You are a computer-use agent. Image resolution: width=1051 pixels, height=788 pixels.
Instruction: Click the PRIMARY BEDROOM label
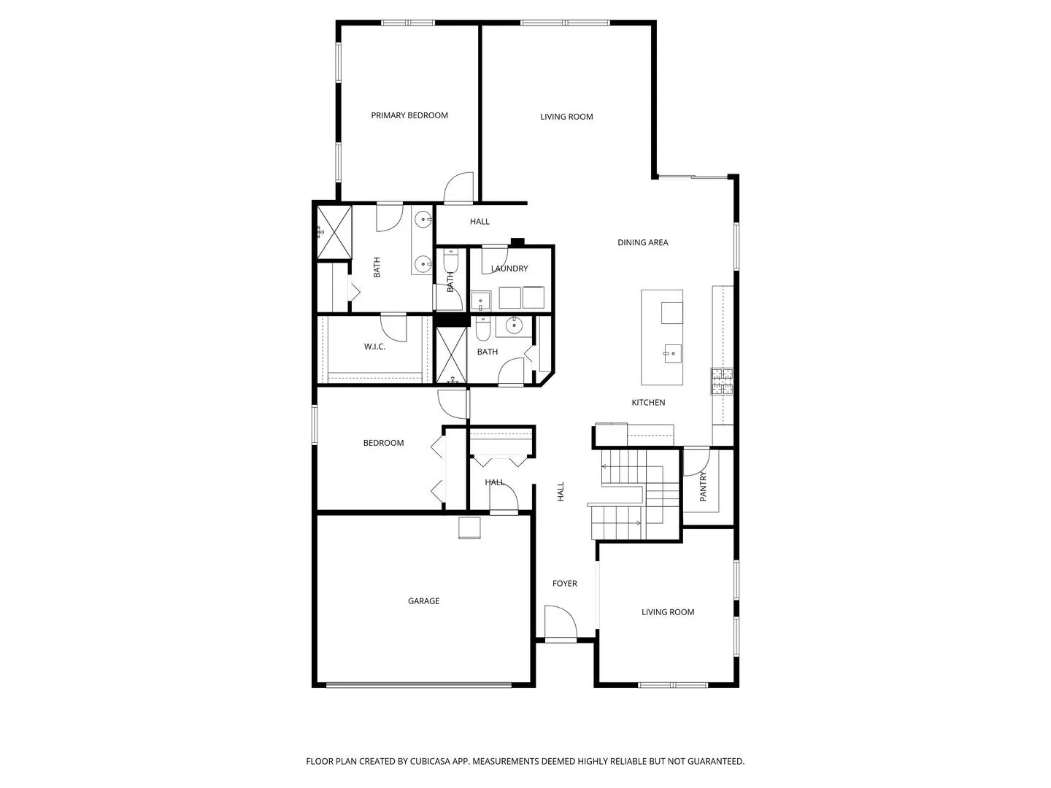pyautogui.click(x=409, y=115)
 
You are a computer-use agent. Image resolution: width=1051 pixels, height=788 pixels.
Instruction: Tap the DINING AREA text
pyautogui.click(x=642, y=242)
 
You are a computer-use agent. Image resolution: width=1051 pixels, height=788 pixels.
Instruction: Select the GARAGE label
pyautogui.click(x=423, y=601)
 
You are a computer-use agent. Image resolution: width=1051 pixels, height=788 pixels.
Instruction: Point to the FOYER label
pyautogui.click(x=564, y=583)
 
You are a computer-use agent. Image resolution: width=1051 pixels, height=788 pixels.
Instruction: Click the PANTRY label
pyautogui.click(x=703, y=486)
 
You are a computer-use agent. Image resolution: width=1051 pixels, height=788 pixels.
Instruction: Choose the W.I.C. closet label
pyautogui.click(x=374, y=347)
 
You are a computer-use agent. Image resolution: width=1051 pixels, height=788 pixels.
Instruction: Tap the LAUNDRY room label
pyautogui.click(x=509, y=269)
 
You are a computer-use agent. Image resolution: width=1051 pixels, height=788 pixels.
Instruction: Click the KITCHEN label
pyautogui.click(x=648, y=402)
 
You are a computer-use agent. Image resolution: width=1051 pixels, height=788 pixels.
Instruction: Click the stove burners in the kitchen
pyautogui.click(x=722, y=382)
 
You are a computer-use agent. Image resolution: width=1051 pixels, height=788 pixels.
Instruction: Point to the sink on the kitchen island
pyautogui.click(x=671, y=354)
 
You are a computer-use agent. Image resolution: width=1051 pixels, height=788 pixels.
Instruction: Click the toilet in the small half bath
pyautogui.click(x=450, y=260)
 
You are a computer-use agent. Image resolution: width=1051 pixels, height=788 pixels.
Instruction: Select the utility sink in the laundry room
pyautogui.click(x=480, y=301)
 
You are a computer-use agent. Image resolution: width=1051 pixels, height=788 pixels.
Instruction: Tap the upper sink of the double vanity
pyautogui.click(x=423, y=220)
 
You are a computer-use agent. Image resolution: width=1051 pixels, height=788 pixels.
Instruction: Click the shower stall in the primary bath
pyautogui.click(x=335, y=233)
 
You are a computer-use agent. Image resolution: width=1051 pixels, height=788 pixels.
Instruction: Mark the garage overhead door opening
pyautogui.click(x=419, y=685)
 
